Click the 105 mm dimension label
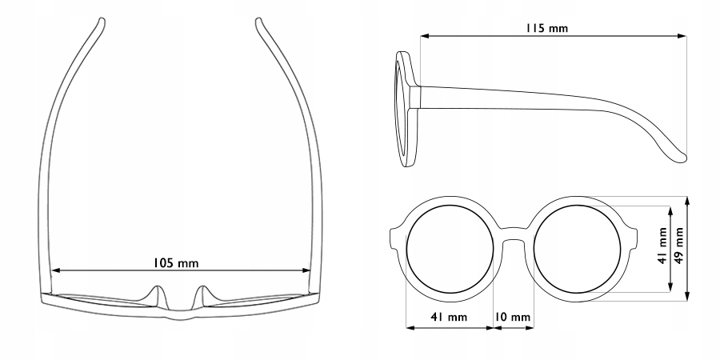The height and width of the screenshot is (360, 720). pyautogui.click(x=178, y=262)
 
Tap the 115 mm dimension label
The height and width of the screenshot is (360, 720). pyautogui.click(x=546, y=28)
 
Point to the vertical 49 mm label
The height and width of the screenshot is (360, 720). pyautogui.click(x=679, y=248)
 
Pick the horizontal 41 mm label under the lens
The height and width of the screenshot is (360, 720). pyautogui.click(x=448, y=318)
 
